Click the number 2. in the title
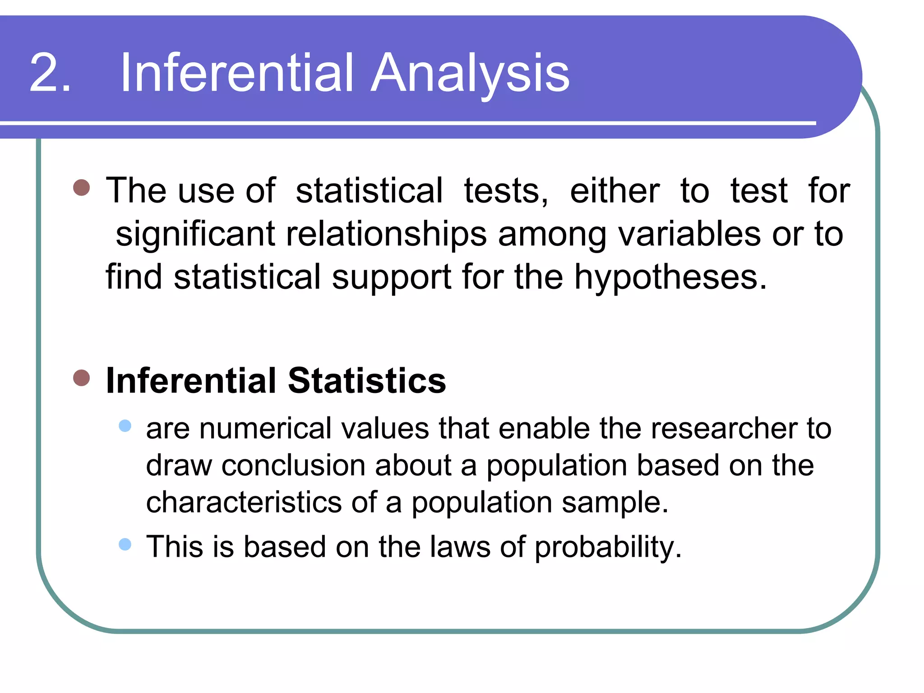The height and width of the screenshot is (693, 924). (50, 73)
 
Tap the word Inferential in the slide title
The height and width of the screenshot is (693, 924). (236, 73)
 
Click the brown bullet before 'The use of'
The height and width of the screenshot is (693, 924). (82, 187)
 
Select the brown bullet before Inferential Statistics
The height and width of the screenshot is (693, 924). (82, 378)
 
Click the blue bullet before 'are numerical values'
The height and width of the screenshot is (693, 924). (125, 426)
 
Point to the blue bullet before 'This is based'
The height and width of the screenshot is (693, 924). (125, 545)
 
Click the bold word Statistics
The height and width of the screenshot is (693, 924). (366, 381)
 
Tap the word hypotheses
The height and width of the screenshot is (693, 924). (670, 277)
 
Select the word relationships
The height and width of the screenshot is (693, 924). (386, 235)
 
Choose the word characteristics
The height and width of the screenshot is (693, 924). (244, 502)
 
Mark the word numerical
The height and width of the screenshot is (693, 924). (265, 428)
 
